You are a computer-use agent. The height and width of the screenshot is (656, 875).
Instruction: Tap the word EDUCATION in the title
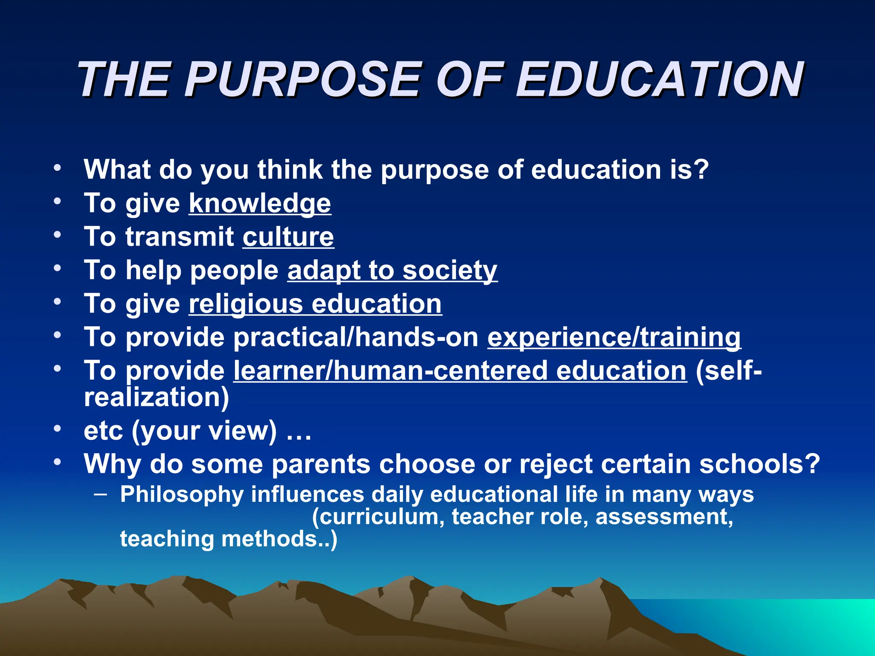click(660, 80)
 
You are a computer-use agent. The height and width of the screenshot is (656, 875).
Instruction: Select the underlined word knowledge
click(260, 203)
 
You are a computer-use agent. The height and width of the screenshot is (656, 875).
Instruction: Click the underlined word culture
click(288, 237)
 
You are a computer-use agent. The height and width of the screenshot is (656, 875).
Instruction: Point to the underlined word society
click(450, 271)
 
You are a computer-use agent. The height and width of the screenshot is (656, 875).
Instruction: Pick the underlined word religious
click(246, 304)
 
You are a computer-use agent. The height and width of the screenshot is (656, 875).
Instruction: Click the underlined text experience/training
click(614, 337)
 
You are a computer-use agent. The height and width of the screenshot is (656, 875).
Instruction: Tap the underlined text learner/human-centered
click(390, 370)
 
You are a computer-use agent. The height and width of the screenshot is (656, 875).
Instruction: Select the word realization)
click(156, 397)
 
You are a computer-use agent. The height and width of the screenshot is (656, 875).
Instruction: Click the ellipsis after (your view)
click(299, 431)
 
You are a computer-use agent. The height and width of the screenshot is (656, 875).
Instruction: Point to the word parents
click(321, 464)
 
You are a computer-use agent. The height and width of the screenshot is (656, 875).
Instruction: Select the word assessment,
click(664, 517)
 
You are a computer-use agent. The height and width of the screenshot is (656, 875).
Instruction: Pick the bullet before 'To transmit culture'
click(57, 234)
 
